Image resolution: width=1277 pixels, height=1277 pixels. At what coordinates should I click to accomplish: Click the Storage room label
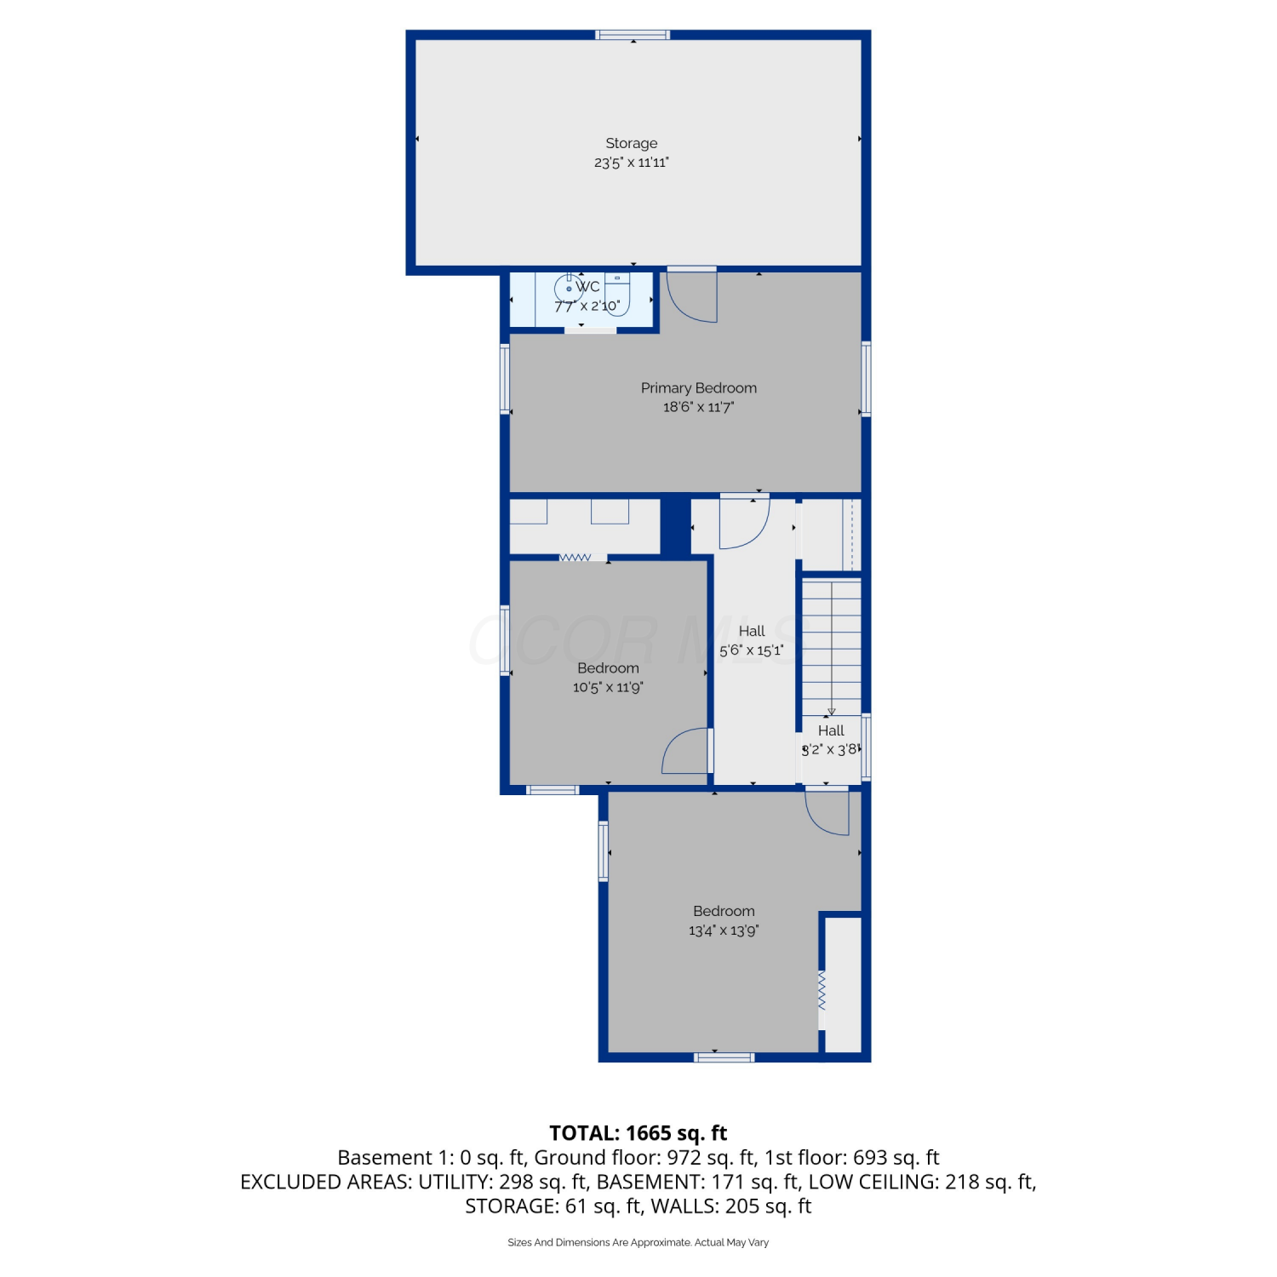click(631, 143)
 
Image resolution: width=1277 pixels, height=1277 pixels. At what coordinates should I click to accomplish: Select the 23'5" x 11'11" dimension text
click(631, 163)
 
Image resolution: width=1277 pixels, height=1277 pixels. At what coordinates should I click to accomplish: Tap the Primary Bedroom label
click(698, 388)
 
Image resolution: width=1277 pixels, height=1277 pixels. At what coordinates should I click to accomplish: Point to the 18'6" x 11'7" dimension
click(698, 407)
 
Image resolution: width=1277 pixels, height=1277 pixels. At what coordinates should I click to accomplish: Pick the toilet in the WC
click(617, 295)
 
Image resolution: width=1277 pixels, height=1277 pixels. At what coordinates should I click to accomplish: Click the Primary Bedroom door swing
click(691, 297)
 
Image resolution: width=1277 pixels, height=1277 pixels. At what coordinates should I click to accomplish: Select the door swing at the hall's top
click(744, 523)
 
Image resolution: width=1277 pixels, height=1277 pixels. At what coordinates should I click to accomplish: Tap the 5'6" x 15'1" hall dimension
click(751, 651)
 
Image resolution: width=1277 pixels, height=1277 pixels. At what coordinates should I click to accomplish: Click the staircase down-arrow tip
click(831, 713)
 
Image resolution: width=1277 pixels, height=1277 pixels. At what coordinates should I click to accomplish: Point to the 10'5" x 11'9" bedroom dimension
click(608, 688)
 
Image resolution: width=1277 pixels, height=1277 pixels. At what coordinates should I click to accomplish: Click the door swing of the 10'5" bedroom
click(686, 750)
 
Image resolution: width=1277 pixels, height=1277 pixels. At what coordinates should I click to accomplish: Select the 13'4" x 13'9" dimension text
click(723, 931)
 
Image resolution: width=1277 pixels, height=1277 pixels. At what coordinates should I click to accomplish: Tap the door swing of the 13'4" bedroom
click(827, 812)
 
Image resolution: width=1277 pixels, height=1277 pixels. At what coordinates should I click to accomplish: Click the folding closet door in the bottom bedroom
click(822, 990)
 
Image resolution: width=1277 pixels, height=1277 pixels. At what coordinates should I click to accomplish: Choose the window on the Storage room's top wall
click(633, 35)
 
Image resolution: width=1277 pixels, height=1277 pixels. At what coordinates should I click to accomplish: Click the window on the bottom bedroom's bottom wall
click(724, 1057)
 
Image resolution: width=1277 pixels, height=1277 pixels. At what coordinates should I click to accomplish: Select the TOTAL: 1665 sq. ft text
click(638, 1133)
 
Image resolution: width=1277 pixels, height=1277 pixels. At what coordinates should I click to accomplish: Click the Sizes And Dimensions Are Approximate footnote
click(638, 1243)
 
